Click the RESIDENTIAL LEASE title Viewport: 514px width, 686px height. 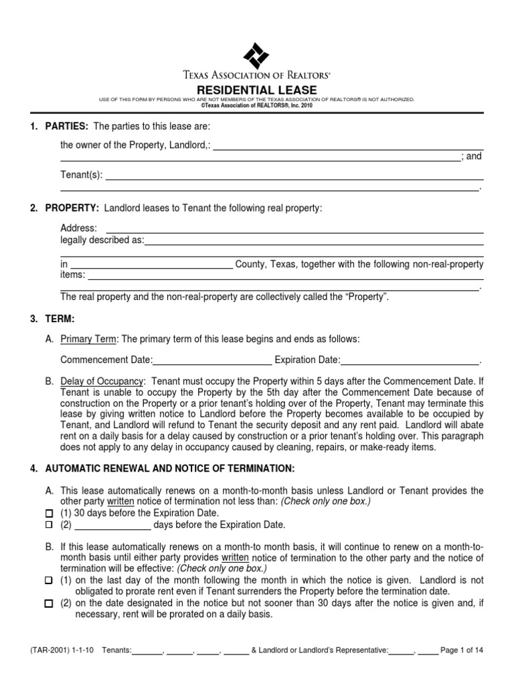pyautogui.click(x=256, y=90)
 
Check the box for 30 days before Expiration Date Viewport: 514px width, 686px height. pyautogui.click(x=48, y=513)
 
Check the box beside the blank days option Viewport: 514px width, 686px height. pyautogui.click(x=48, y=525)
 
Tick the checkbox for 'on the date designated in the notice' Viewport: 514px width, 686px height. pyautogui.click(x=48, y=604)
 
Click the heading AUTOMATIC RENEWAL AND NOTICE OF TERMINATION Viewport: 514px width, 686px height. pyautogui.click(x=169, y=468)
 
